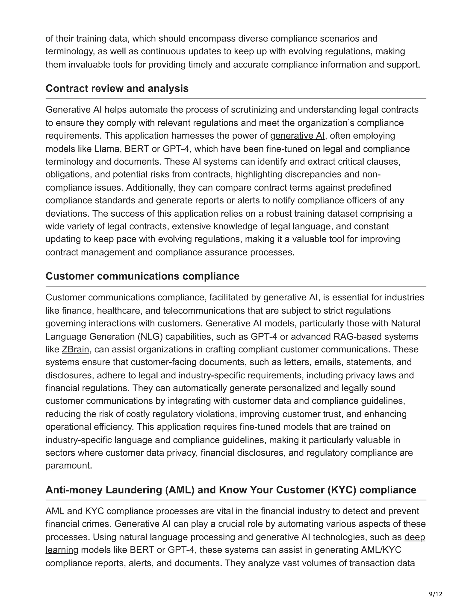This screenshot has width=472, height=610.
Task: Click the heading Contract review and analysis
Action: tap(117, 89)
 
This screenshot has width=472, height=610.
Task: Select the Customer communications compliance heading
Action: tap(142, 276)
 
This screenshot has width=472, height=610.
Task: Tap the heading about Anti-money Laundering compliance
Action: tap(231, 490)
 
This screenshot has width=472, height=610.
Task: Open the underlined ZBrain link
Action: tap(76, 349)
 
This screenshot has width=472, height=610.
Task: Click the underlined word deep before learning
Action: tap(415, 537)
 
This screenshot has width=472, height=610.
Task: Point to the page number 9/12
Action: tap(436, 594)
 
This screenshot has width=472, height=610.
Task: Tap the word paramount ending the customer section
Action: tap(68, 466)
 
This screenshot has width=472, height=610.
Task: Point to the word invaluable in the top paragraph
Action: tap(89, 64)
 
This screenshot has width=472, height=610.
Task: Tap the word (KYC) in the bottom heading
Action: tap(342, 490)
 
